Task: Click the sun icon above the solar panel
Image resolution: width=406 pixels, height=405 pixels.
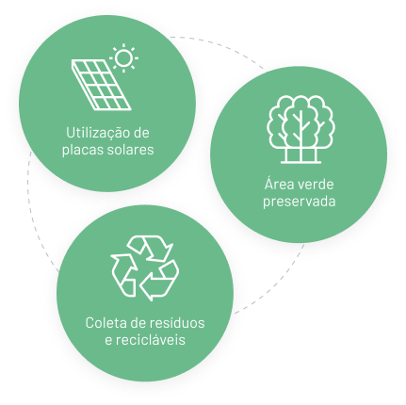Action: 123,57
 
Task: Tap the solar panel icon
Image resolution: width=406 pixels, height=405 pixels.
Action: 101,85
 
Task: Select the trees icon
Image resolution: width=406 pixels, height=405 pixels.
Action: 300,129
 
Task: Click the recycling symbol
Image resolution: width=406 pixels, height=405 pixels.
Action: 145,268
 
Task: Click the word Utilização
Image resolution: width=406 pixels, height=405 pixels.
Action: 97,133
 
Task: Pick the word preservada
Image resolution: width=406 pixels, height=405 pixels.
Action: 300,202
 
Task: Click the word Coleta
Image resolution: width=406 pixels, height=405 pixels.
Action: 106,323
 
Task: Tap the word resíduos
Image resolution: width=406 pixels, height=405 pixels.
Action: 177,323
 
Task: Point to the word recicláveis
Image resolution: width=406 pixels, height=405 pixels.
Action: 151,340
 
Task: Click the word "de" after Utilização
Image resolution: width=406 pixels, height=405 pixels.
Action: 140,133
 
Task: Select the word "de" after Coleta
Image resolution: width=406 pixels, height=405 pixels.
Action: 138,323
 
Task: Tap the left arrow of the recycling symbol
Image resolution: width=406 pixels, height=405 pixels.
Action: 123,275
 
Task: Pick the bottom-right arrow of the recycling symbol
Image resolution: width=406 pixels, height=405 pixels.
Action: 160,281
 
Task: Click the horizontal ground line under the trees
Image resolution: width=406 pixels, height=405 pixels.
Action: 300,163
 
